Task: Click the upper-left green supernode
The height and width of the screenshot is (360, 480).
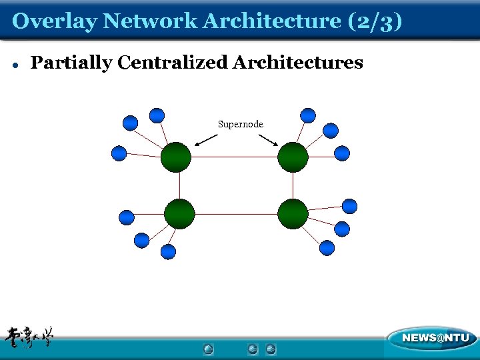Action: point(176,157)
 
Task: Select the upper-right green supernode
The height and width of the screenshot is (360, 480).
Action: point(293,157)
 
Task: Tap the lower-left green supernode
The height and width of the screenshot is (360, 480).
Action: point(179,214)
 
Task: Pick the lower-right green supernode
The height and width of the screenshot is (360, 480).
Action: point(293,214)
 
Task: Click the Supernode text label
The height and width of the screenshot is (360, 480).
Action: point(241,125)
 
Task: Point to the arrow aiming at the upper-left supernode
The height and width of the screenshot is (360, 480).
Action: point(206,140)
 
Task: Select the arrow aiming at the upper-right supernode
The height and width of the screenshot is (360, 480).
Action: point(269,140)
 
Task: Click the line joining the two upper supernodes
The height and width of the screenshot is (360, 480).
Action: point(234,158)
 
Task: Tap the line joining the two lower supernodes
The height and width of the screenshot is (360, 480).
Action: point(236,214)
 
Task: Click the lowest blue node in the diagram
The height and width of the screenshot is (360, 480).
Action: point(169,251)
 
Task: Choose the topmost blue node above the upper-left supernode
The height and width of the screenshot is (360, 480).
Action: point(157,115)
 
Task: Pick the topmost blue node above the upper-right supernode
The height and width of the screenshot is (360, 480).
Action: point(308,115)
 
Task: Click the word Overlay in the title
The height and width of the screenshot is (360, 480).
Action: point(55,21)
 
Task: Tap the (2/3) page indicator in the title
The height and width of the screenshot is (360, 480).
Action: point(375,21)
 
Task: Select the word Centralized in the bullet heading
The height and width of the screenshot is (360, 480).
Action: point(173,63)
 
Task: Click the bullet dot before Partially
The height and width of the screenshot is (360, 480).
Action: point(15,65)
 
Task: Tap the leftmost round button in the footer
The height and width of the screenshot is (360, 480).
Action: point(208,349)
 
